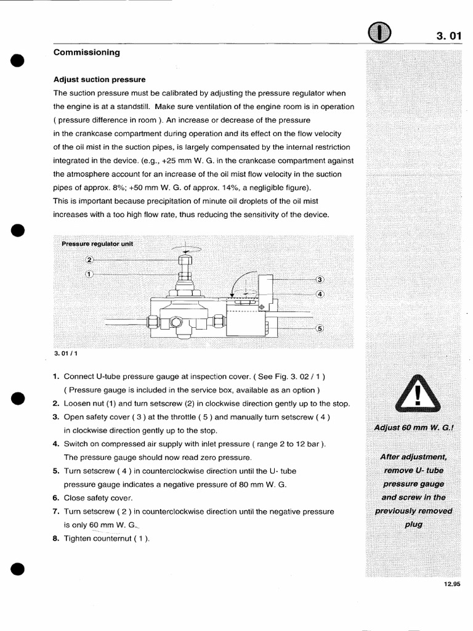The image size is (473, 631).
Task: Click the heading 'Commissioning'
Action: pos(86,53)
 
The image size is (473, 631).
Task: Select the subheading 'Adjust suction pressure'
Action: pos(99,79)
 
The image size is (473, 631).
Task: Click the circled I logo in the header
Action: pos(379,35)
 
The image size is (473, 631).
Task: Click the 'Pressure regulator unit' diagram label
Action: pos(97,243)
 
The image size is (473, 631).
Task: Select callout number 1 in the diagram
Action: pos(89,274)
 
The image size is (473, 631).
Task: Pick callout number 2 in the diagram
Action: pos(89,259)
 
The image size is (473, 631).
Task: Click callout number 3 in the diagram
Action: pos(320,279)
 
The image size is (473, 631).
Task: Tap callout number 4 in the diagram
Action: pos(320,293)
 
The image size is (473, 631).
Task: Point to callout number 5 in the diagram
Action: pos(320,328)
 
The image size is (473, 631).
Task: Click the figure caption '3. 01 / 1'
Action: pos(66,354)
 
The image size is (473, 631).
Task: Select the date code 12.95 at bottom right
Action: pos(451,584)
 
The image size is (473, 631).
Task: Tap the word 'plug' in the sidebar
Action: pos(413,524)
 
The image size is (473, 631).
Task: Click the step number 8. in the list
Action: pos(56,538)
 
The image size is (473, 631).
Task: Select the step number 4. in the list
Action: pos(56,444)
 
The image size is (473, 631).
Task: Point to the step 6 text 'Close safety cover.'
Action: pos(98,498)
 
